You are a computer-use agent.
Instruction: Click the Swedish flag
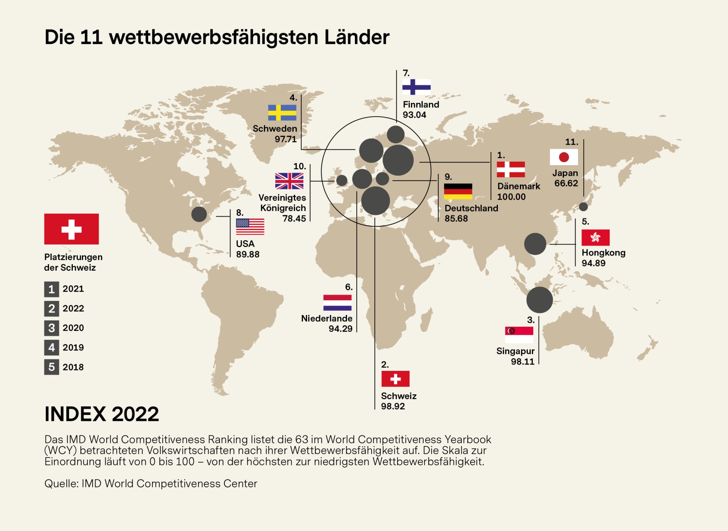[x=282, y=113]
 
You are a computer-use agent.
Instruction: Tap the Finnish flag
[x=416, y=87]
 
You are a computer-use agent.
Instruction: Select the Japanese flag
[x=564, y=157]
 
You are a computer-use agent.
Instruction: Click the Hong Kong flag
[x=595, y=238]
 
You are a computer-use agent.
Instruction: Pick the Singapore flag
[x=519, y=335]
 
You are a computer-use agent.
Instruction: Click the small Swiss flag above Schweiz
[x=395, y=379]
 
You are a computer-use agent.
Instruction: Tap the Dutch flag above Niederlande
[x=337, y=303]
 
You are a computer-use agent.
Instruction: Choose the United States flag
[x=250, y=227]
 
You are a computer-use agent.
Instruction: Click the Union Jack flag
[x=289, y=181]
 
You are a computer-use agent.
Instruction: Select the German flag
[x=458, y=192]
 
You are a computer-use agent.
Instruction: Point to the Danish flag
[x=511, y=170]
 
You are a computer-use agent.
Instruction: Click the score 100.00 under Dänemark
[x=511, y=197]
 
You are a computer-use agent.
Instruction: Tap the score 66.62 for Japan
[x=566, y=183]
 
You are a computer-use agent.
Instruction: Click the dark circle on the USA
[x=199, y=214]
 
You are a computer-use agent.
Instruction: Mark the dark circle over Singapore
[x=540, y=300]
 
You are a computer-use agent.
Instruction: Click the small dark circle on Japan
[x=583, y=207]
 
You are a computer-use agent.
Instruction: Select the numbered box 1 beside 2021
[x=52, y=289]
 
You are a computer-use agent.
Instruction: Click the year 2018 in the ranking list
[x=73, y=367]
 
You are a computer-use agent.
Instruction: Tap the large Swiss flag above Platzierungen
[x=71, y=229]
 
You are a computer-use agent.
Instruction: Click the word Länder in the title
[x=356, y=37]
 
